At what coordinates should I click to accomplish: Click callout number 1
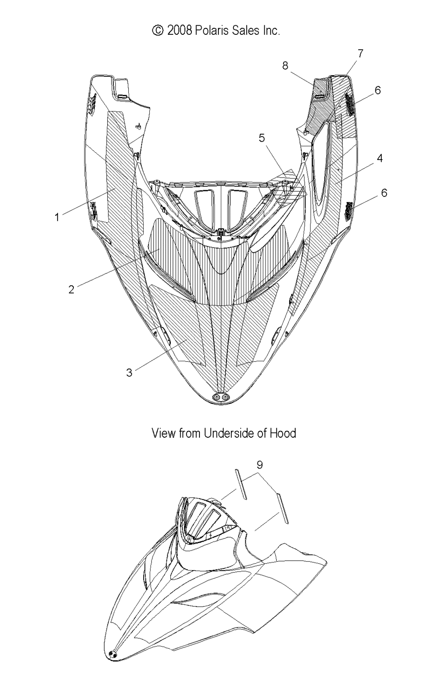[57, 218]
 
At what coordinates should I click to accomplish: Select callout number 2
[71, 289]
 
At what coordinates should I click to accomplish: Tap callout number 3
[129, 372]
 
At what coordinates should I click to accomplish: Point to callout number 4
[380, 158]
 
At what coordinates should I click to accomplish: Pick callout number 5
[262, 138]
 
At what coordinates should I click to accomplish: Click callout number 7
[360, 53]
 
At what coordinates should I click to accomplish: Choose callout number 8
[285, 65]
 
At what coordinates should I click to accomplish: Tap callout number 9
[260, 464]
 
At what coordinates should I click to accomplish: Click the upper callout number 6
[378, 90]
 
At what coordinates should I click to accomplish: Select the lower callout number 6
[384, 193]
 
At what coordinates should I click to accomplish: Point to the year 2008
[180, 30]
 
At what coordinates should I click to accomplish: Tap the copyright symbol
[157, 30]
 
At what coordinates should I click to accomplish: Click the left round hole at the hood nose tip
[217, 397]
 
